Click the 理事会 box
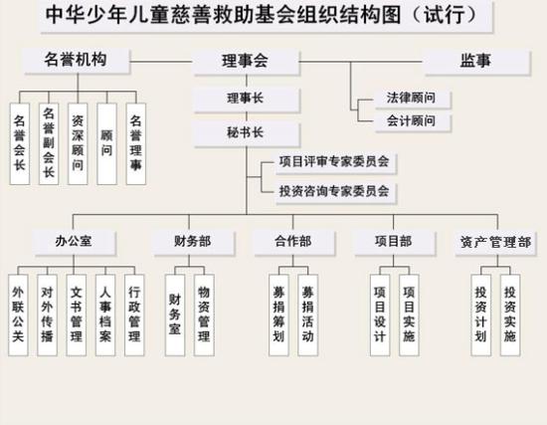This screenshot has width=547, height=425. coord(247,62)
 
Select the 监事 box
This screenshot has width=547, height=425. coord(476,62)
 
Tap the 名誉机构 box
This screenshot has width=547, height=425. coord(77,61)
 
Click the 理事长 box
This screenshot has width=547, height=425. coord(247,100)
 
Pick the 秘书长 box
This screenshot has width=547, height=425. coord(247,134)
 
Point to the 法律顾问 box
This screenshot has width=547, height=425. coord(413,99)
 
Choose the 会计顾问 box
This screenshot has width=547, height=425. coord(413,121)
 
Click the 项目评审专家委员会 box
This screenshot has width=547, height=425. coord(335,163)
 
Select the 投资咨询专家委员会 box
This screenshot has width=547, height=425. coord(335,192)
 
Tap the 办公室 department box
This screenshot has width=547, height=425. coord(74,242)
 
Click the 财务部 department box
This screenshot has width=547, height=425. coord(193,242)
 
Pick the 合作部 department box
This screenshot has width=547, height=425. coord(293,242)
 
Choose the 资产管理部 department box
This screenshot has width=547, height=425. coord(495,244)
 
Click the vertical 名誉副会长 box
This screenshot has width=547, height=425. coord(49,144)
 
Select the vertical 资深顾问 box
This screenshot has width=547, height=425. coord(78,144)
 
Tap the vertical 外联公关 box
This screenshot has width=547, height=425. coord(18,315)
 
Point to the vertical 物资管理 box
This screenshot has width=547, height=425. coord(204,315)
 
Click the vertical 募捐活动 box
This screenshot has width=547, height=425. coord(308,315)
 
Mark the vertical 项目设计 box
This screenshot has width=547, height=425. coord(380,315)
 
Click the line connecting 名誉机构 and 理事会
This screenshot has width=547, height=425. coord(161,62)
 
